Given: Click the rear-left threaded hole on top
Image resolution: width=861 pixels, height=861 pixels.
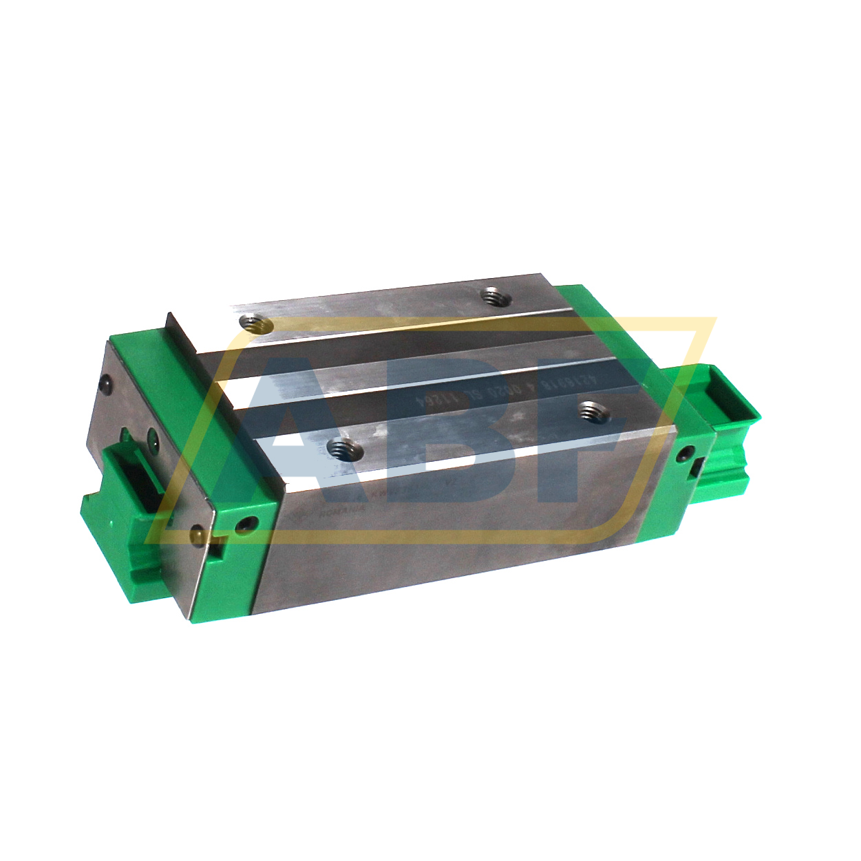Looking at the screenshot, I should pyautogui.click(x=255, y=322).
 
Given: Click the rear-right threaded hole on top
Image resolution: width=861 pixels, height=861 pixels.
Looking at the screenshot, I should pyautogui.click(x=493, y=297).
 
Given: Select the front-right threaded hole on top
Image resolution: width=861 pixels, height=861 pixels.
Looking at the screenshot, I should pyautogui.click(x=592, y=411).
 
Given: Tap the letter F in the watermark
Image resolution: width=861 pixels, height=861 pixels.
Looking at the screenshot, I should pyautogui.click(x=585, y=406).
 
